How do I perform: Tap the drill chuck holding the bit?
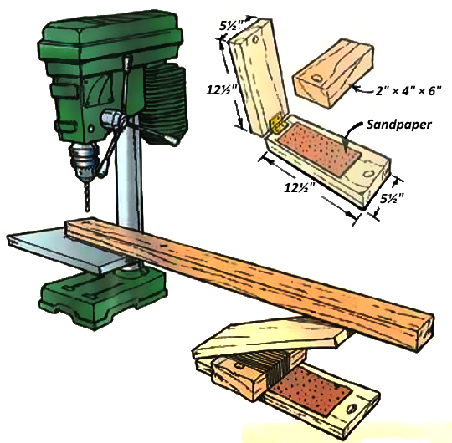[x=84, y=160]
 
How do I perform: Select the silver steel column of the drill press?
[x=129, y=173]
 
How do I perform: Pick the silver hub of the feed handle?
[x=112, y=118]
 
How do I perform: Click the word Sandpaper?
[x=399, y=125]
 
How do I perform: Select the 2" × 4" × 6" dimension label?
[x=408, y=90]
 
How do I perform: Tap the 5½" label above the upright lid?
[x=232, y=26]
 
